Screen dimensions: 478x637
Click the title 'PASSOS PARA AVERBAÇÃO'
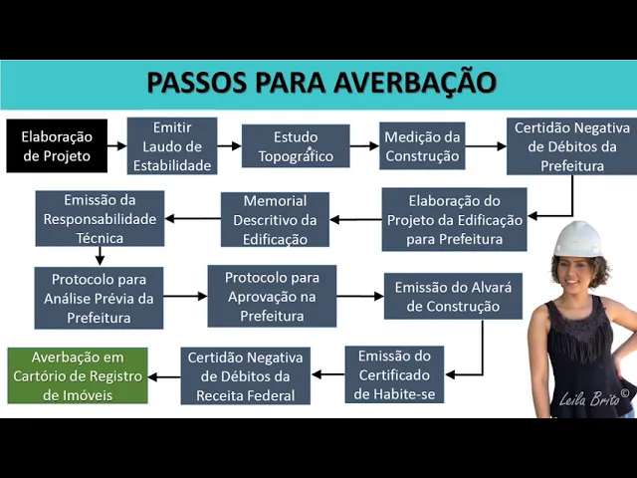[x=320, y=82]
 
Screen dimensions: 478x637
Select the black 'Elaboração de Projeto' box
[x=56, y=146]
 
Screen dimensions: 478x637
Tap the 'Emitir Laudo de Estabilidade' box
[x=171, y=146]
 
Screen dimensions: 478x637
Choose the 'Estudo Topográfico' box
[x=296, y=146]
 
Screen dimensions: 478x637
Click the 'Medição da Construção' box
[x=422, y=146]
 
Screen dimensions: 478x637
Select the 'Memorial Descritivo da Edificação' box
[x=275, y=219]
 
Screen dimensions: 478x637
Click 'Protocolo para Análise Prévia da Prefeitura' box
[x=99, y=297]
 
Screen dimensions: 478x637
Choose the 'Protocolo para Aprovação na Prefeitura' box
[x=271, y=296]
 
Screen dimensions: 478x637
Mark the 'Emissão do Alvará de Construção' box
[x=453, y=296]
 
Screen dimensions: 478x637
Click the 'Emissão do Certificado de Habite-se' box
[x=394, y=374]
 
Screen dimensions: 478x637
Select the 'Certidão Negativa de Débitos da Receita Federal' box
[x=246, y=374]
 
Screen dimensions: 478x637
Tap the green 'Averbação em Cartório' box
[x=78, y=374]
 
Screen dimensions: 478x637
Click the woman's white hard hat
[x=577, y=240]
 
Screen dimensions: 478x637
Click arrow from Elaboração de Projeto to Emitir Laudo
[x=116, y=146]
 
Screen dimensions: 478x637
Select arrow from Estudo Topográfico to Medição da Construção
[x=364, y=146]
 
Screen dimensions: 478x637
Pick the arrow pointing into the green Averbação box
[x=164, y=375]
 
